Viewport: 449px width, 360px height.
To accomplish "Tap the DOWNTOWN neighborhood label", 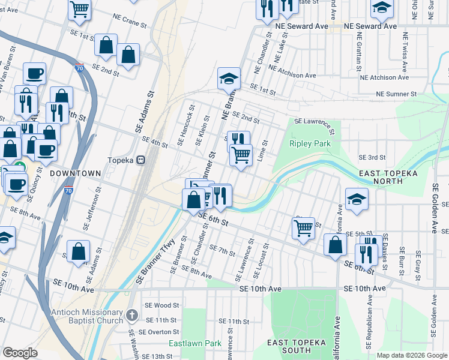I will coord(75,173).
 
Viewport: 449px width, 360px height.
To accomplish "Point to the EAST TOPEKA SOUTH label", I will coord(296,346).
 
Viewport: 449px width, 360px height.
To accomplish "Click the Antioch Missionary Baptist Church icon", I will coord(133,314).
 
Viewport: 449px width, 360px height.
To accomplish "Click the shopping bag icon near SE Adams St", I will coord(79,251).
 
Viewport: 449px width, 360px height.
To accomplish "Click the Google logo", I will coord(20,353).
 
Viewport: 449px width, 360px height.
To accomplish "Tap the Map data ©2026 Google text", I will coord(411,355).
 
